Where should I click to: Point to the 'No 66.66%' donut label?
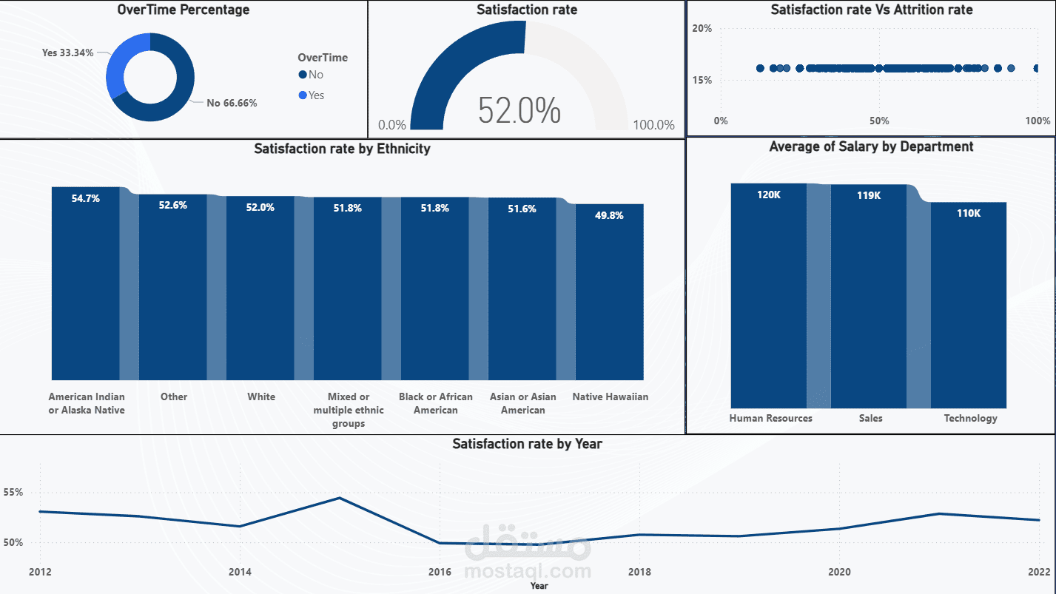[232, 103]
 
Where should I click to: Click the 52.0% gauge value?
[519, 110]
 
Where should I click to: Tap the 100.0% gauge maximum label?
[653, 125]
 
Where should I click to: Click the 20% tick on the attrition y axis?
[702, 28]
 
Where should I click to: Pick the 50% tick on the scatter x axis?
[878, 121]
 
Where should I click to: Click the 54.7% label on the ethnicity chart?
[85, 198]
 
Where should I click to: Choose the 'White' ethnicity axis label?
[261, 396]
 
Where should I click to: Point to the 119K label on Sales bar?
[869, 196]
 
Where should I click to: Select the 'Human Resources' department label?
[770, 418]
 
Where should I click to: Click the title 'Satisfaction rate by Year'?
[527, 444]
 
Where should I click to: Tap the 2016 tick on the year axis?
[440, 572]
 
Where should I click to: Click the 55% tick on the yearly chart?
[13, 492]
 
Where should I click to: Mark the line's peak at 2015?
[339, 498]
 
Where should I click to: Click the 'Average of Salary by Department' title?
[871, 146]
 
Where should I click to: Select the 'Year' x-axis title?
[539, 586]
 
